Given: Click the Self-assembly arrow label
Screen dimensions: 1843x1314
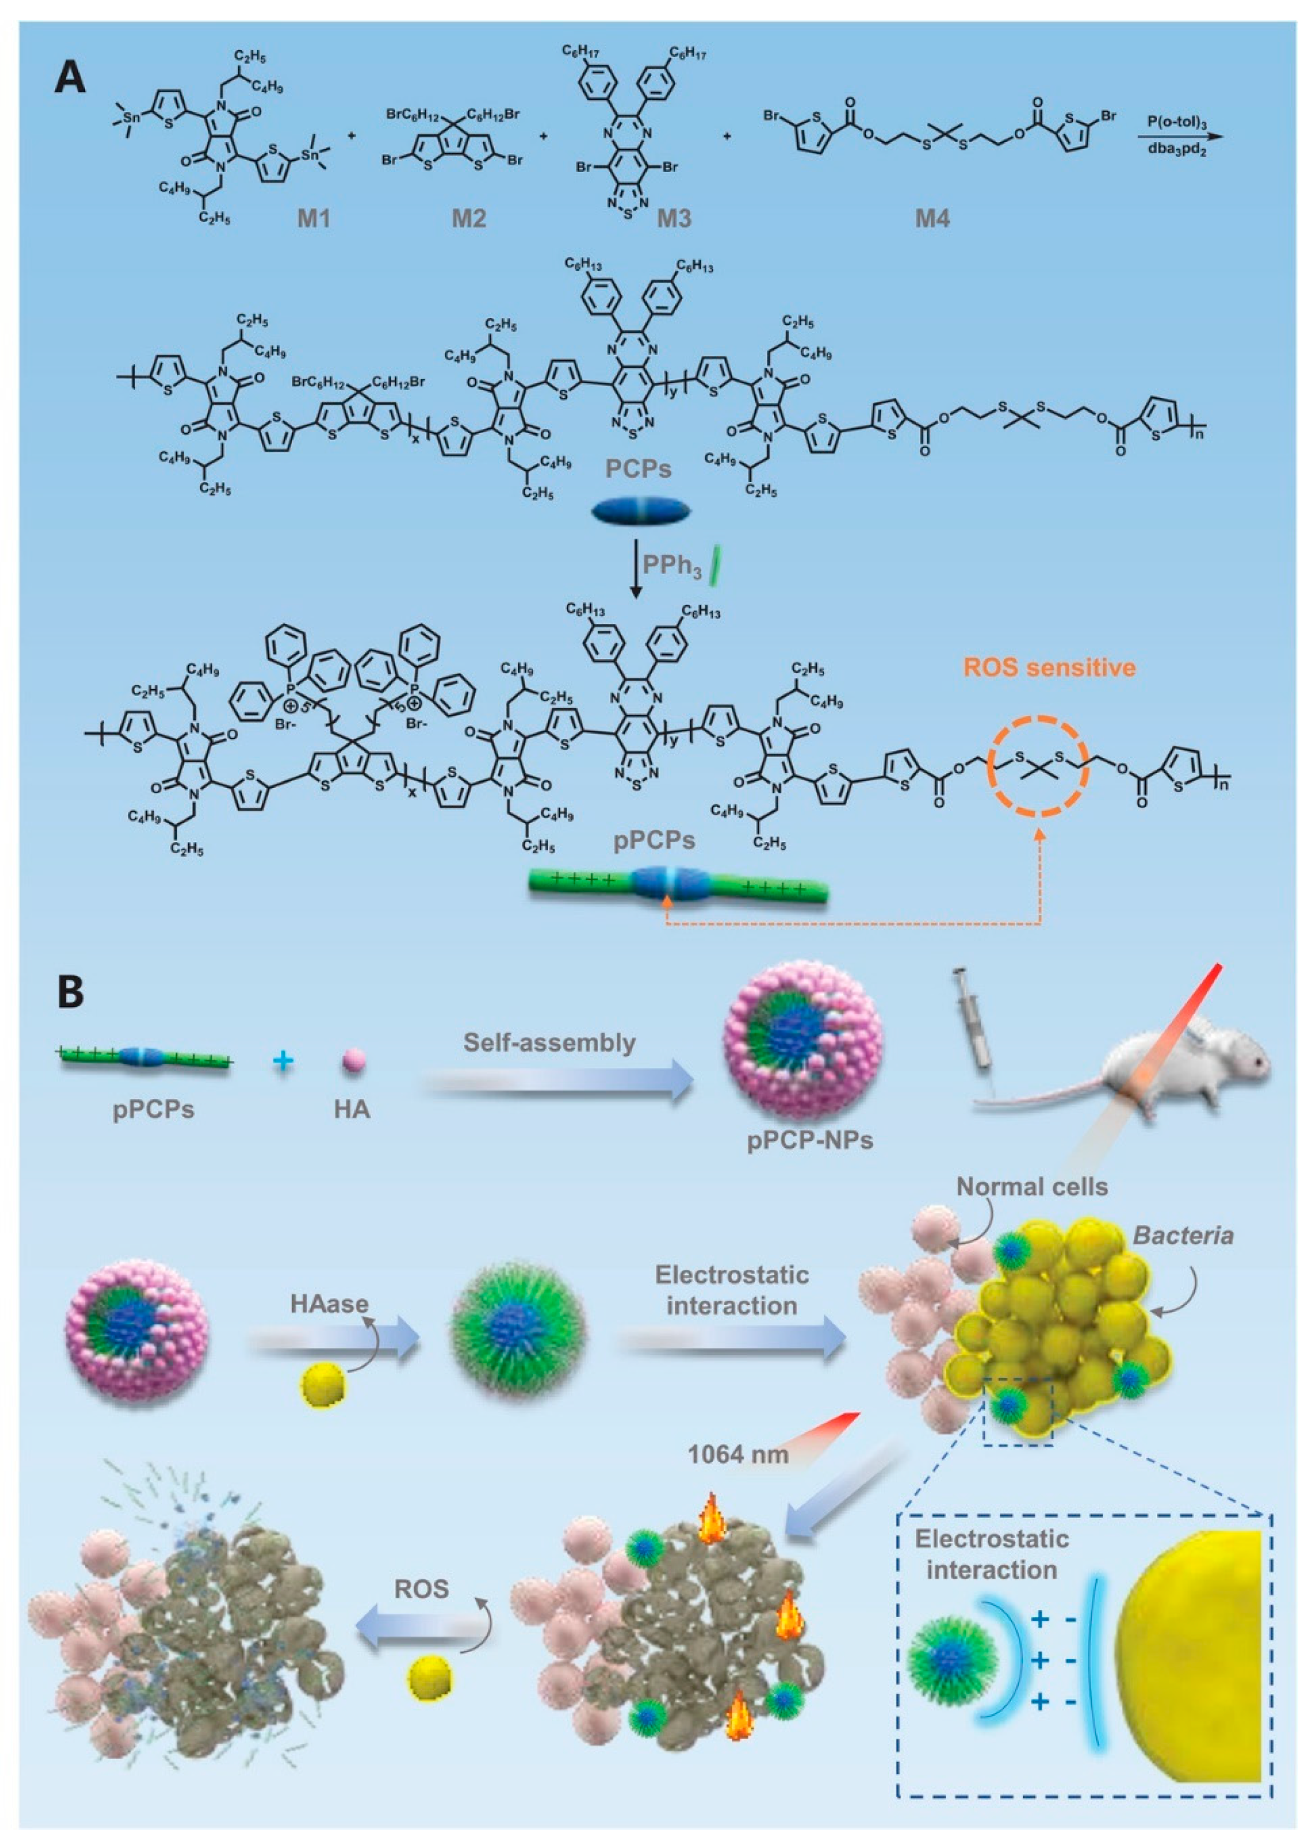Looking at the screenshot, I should [550, 1042].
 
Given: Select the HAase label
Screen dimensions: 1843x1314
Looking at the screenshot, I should [330, 1303].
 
